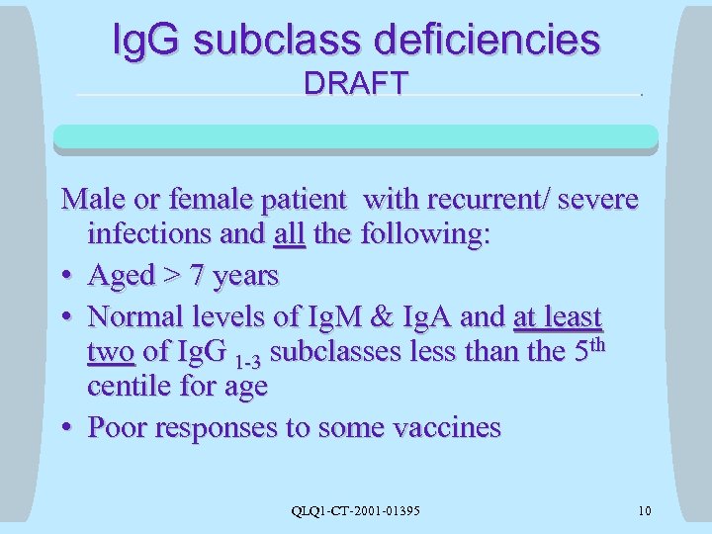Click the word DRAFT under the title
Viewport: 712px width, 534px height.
pos(356,84)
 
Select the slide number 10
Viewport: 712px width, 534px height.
pos(645,510)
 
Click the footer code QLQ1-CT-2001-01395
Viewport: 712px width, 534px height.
pos(356,510)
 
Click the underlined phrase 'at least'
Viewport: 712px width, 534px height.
pos(558,316)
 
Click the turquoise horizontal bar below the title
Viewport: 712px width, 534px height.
pos(356,136)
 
